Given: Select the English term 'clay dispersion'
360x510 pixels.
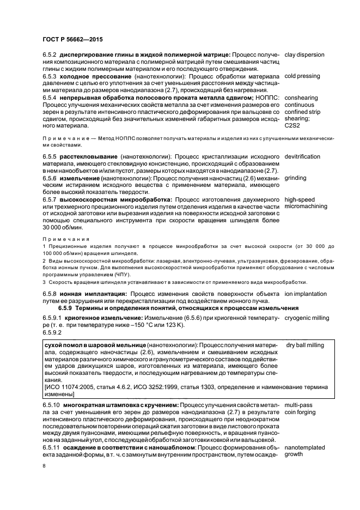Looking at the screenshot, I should click(x=304, y=55).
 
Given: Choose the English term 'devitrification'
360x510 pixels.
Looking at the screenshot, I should click(x=302, y=157).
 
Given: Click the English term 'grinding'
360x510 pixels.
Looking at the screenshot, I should click(x=295, y=178).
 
